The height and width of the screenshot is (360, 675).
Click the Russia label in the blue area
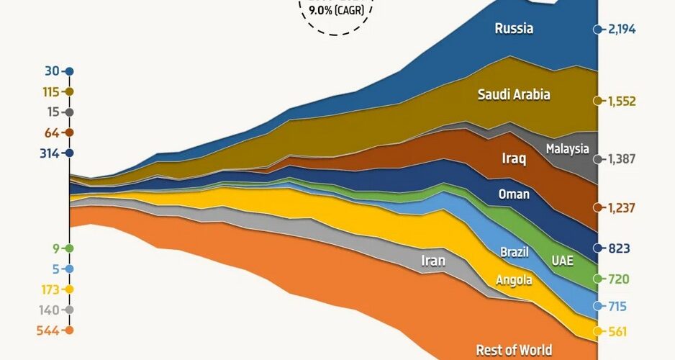[514, 30]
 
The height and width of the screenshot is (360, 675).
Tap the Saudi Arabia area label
[514, 94]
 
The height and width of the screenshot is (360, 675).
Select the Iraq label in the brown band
[513, 158]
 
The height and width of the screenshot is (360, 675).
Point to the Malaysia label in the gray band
[568, 149]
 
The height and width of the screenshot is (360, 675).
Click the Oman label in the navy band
[514, 194]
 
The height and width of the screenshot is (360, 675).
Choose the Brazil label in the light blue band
[514, 253]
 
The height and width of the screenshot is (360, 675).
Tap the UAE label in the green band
[563, 260]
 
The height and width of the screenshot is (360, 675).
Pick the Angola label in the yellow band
[514, 280]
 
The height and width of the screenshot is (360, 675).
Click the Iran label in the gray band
[433, 261]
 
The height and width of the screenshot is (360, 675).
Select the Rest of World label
[514, 351]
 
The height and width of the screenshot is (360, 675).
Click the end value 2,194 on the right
[622, 30]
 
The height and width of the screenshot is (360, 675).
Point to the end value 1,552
[622, 102]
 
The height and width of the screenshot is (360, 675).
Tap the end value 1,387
[622, 159]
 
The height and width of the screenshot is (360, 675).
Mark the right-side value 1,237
[622, 207]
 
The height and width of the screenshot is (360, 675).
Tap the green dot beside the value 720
[597, 278]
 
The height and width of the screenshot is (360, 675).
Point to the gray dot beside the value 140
[69, 310]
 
